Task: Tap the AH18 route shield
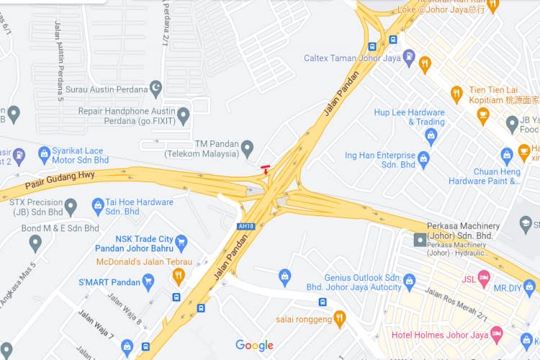pos(246,226)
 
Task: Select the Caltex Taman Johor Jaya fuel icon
pos(409,55)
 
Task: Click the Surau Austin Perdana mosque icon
pos(156,89)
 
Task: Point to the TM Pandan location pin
pos(247,148)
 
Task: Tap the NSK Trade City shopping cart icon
pos(181,241)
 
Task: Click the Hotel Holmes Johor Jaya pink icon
pos(496,333)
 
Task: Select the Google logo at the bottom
pos(254,346)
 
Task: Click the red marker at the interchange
pos(266,170)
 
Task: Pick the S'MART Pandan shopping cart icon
pos(148,281)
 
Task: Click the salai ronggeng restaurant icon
pos(340,318)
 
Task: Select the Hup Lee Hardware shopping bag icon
pos(431,135)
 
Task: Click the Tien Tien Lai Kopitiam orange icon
pos(456,94)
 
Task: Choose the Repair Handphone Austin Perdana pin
pos(183,115)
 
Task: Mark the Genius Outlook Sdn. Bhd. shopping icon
pos(410,280)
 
